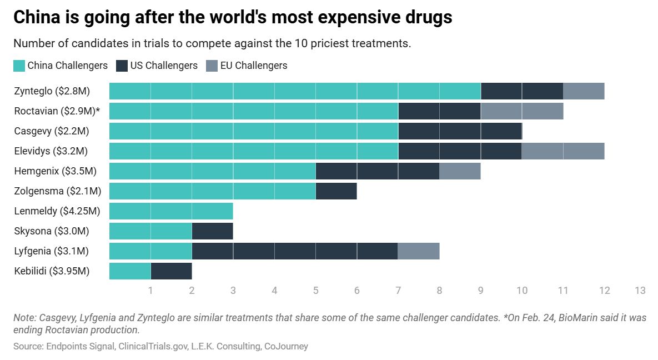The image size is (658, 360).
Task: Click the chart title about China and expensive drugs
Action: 233,18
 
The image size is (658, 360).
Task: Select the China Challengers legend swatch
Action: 19,66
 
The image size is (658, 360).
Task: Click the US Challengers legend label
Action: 164,66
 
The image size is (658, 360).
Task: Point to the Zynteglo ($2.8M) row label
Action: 52,91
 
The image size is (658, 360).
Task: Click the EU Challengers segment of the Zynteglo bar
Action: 584,91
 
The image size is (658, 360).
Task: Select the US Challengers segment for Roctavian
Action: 439,111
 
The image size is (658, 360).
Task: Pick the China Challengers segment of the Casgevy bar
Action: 254,131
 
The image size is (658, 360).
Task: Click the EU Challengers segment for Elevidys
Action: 563,151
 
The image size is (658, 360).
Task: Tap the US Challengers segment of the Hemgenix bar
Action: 378,171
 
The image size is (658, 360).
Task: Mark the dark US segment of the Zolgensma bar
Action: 336,191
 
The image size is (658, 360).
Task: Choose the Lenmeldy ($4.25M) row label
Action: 57,211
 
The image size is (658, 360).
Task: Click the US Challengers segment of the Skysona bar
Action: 212,231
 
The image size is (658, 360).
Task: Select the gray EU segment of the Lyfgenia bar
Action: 419,251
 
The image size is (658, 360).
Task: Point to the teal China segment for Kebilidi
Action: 130,271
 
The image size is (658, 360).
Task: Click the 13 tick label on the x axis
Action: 640,291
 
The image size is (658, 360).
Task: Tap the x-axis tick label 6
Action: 356,291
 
